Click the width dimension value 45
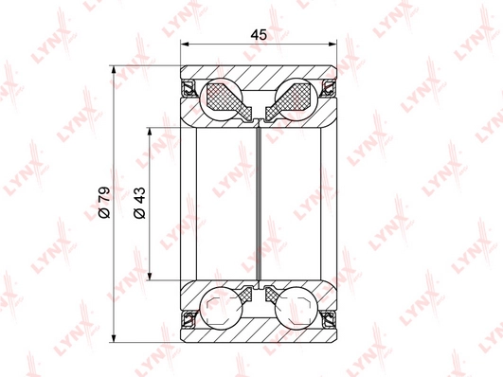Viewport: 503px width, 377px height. pos(259,34)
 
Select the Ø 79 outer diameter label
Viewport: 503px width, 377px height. pos(104,203)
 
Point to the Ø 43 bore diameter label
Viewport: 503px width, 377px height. pos(140,203)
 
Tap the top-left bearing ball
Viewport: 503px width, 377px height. pos(221,99)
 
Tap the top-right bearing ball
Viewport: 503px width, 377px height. pos(296,99)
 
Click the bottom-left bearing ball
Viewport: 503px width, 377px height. pos(221,308)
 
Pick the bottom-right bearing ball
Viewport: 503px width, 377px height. pos(296,308)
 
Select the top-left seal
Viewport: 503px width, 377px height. pos(189,88)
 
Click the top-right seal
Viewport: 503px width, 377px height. pos(330,88)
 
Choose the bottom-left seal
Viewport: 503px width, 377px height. pos(189,319)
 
